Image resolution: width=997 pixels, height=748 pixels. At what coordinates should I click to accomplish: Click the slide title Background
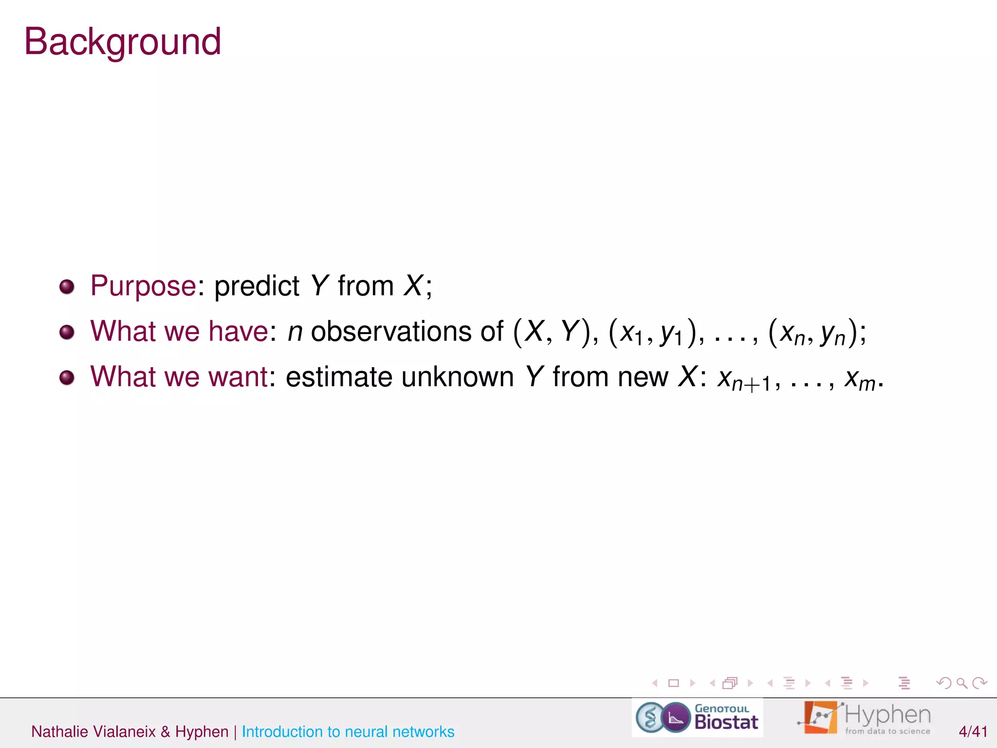[123, 42]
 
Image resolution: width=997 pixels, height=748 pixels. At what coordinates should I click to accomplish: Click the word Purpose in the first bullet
[143, 285]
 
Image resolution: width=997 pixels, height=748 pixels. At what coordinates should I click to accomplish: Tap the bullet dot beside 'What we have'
[67, 332]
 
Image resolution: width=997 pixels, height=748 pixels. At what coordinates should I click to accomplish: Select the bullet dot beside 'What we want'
[67, 377]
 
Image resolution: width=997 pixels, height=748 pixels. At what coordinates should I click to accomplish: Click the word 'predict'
[257, 286]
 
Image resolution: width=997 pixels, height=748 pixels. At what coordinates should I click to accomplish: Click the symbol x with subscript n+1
[743, 380]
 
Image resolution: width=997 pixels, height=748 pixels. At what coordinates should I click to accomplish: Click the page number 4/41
[973, 731]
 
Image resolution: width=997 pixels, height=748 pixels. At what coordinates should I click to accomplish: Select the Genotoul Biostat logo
[697, 718]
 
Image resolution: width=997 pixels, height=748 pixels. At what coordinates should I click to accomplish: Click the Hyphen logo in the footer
[864, 718]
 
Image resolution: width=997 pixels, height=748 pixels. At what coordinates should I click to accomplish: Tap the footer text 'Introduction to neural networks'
[348, 731]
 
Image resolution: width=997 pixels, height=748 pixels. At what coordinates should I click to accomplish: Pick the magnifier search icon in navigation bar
[961, 683]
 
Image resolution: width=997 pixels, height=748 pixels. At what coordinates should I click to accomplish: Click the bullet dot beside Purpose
[67, 286]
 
